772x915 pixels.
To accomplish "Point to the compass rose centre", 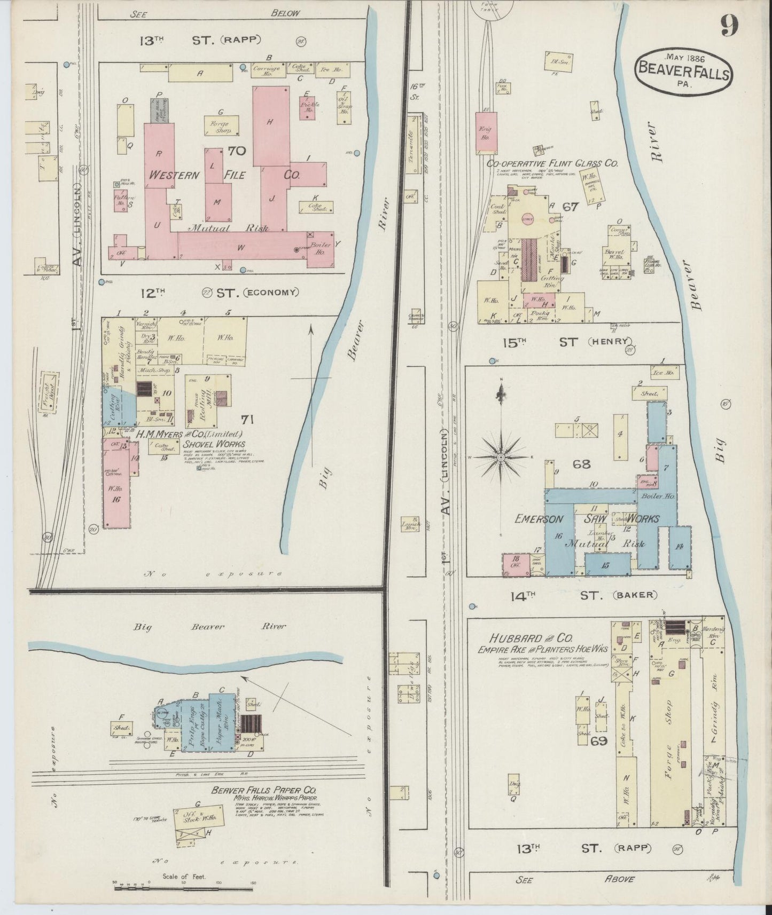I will [x=502, y=458].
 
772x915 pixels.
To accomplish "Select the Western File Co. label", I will [x=224, y=175].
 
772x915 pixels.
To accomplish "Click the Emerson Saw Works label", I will [x=587, y=518].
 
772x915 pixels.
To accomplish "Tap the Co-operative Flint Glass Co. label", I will [x=552, y=163].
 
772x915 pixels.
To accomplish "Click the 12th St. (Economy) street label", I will [x=219, y=293].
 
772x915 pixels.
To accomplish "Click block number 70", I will [x=236, y=151].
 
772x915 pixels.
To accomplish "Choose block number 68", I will [x=581, y=464].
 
